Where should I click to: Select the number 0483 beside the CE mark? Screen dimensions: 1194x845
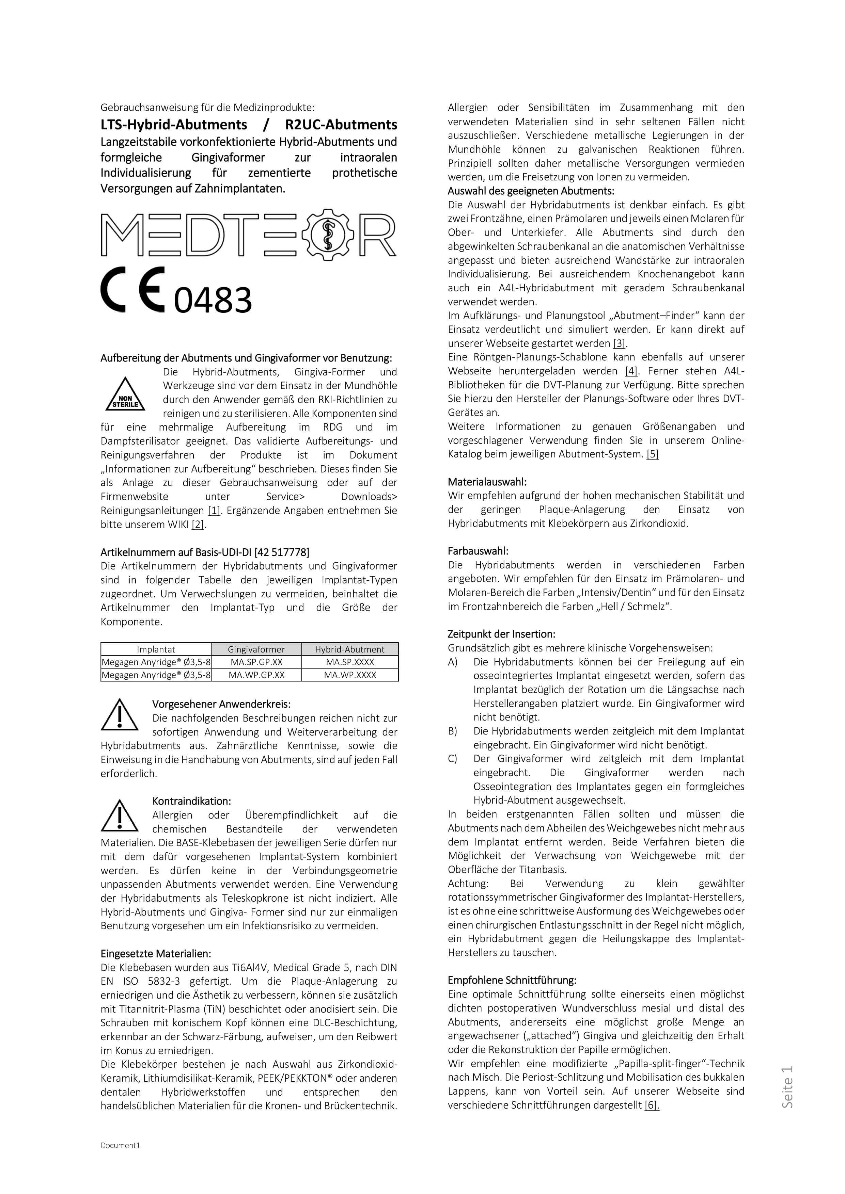[213, 300]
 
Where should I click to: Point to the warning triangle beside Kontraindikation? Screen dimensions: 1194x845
[120, 816]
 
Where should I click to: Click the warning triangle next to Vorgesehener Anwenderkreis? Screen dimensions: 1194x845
[120, 715]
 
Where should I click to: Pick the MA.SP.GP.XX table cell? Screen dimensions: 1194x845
[256, 662]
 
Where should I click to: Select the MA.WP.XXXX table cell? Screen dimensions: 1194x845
[350, 675]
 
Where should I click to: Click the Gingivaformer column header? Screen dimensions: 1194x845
[256, 649]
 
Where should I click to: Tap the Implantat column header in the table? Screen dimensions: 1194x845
[156, 649]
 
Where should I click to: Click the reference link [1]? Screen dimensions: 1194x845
[213, 511]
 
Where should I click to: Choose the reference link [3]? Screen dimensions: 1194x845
[619, 343]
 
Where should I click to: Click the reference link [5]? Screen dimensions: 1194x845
[653, 454]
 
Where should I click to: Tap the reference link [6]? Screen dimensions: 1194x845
[652, 1105]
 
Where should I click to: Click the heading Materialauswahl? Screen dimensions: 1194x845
[487, 482]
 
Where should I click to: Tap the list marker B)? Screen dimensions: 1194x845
[453, 731]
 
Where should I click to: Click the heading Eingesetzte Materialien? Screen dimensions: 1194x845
[156, 954]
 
